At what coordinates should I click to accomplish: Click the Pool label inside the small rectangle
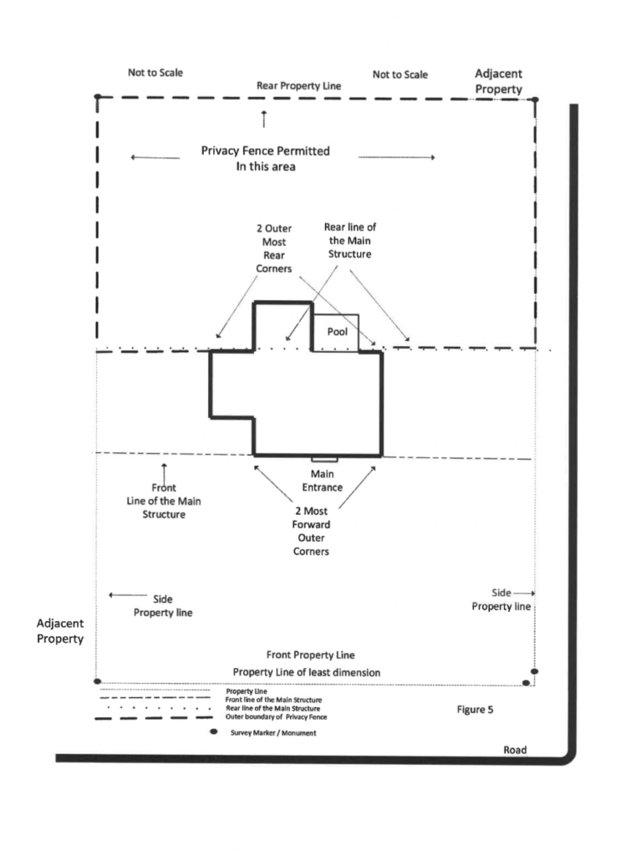(338, 331)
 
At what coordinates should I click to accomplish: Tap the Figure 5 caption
(475, 709)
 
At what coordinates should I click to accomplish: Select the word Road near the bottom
(515, 750)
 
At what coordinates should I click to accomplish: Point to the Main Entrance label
(322, 481)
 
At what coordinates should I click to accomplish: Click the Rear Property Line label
(298, 86)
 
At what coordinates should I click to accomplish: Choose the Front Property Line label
(310, 655)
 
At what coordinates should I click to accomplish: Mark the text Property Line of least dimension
(306, 672)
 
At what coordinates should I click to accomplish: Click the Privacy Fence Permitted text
(265, 150)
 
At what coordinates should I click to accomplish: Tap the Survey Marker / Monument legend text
(273, 732)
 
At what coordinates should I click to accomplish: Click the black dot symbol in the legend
(214, 731)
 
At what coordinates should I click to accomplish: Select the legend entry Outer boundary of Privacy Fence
(277, 716)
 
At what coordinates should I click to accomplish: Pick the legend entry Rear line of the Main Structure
(273, 708)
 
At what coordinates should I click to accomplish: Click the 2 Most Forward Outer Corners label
(311, 531)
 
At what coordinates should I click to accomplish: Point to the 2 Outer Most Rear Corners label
(274, 248)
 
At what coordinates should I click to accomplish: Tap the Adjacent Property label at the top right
(498, 81)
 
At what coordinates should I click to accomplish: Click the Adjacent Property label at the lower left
(60, 630)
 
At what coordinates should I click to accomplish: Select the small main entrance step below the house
(324, 459)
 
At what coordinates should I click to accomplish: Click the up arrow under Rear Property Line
(264, 119)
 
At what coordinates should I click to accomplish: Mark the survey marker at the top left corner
(98, 97)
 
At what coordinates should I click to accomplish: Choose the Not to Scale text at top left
(155, 73)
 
